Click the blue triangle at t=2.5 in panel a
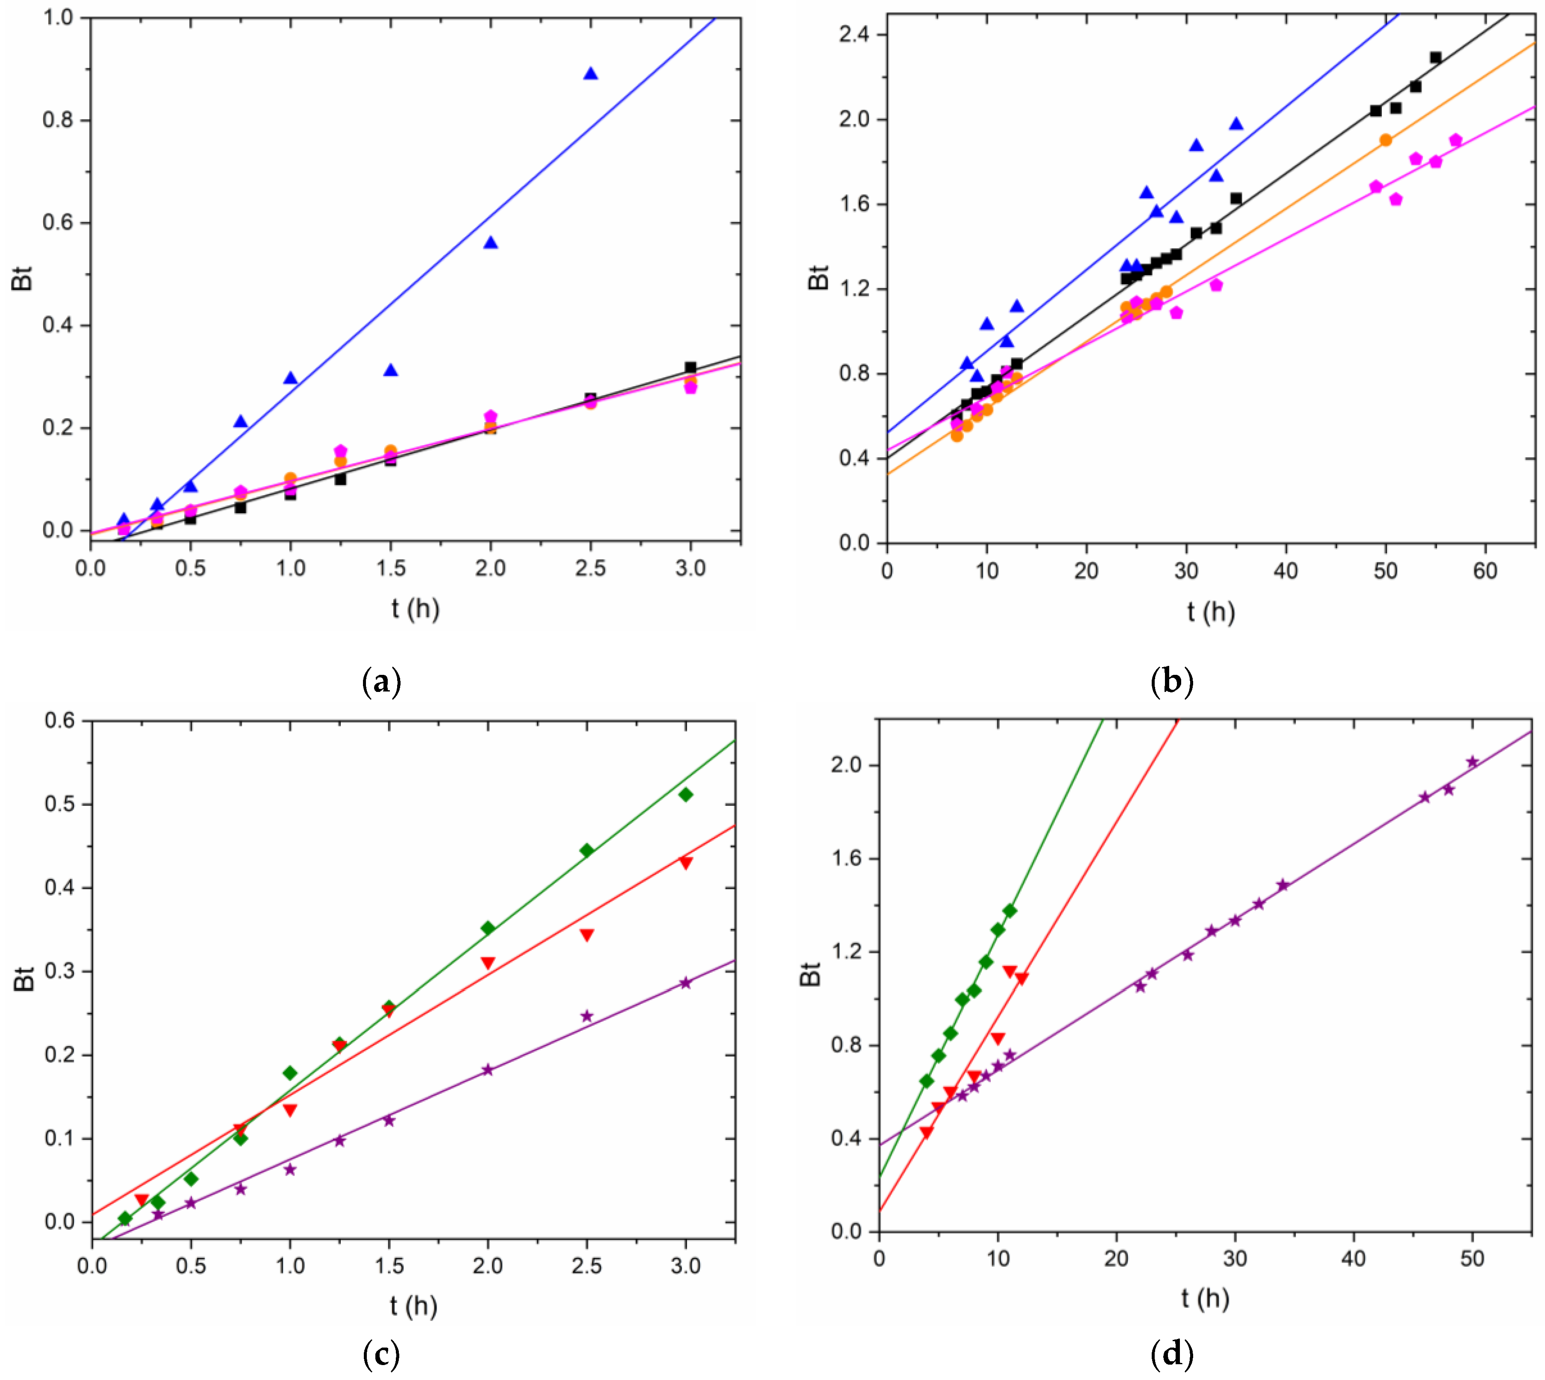[590, 73]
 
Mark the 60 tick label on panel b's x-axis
[1485, 571]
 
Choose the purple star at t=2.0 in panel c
[488, 1070]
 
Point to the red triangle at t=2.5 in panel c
[586, 935]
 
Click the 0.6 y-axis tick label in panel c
[60, 721]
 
